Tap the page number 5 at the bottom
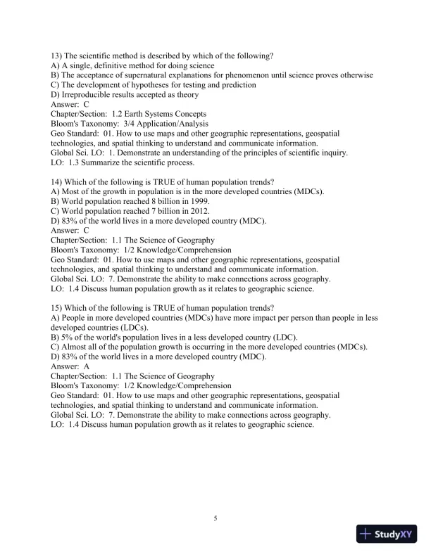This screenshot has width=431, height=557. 216,519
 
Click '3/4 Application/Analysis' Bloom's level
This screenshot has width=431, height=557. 161,123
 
